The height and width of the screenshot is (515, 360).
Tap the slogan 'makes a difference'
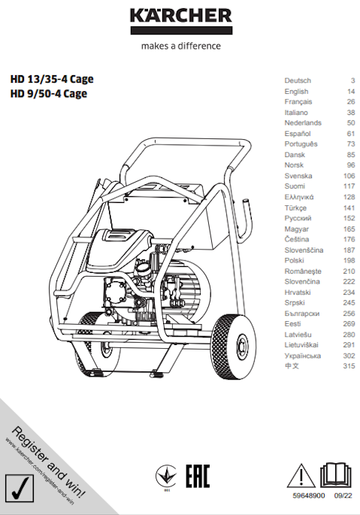pos(181,46)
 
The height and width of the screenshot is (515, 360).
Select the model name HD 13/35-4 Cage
pos(52,79)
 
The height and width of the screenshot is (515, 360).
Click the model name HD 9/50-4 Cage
pos(49,94)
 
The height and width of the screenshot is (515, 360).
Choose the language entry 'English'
pos(296,91)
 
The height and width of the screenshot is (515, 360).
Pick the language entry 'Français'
pos(298,101)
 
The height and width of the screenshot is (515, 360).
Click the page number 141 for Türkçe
pos(349,208)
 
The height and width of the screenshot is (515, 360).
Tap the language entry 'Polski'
pos(295,260)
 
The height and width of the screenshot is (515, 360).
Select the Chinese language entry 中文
pos(292,366)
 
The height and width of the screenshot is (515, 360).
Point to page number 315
pos(349,366)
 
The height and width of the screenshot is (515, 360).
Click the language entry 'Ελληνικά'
pos(299,197)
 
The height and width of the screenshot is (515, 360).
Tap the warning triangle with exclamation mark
pos(301,476)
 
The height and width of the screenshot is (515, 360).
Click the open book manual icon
pos(335,475)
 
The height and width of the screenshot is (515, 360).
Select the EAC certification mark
pos(198,476)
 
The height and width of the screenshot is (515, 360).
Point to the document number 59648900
pos(309,495)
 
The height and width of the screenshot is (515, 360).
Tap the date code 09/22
pos(343,495)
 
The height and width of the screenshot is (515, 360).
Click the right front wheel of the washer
pos(234,347)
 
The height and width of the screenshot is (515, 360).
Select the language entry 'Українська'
pos(303,356)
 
